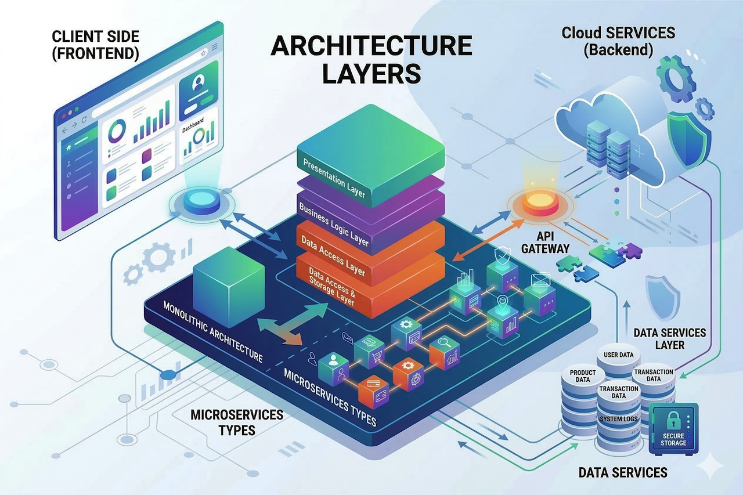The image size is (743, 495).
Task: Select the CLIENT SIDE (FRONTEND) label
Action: [95, 44]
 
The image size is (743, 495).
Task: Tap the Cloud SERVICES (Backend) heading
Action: [618, 40]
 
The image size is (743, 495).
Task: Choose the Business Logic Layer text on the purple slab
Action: [333, 223]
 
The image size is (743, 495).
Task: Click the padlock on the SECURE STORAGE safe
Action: [673, 420]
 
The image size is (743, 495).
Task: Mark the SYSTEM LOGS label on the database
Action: [619, 418]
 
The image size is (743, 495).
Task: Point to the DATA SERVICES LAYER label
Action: [670, 339]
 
